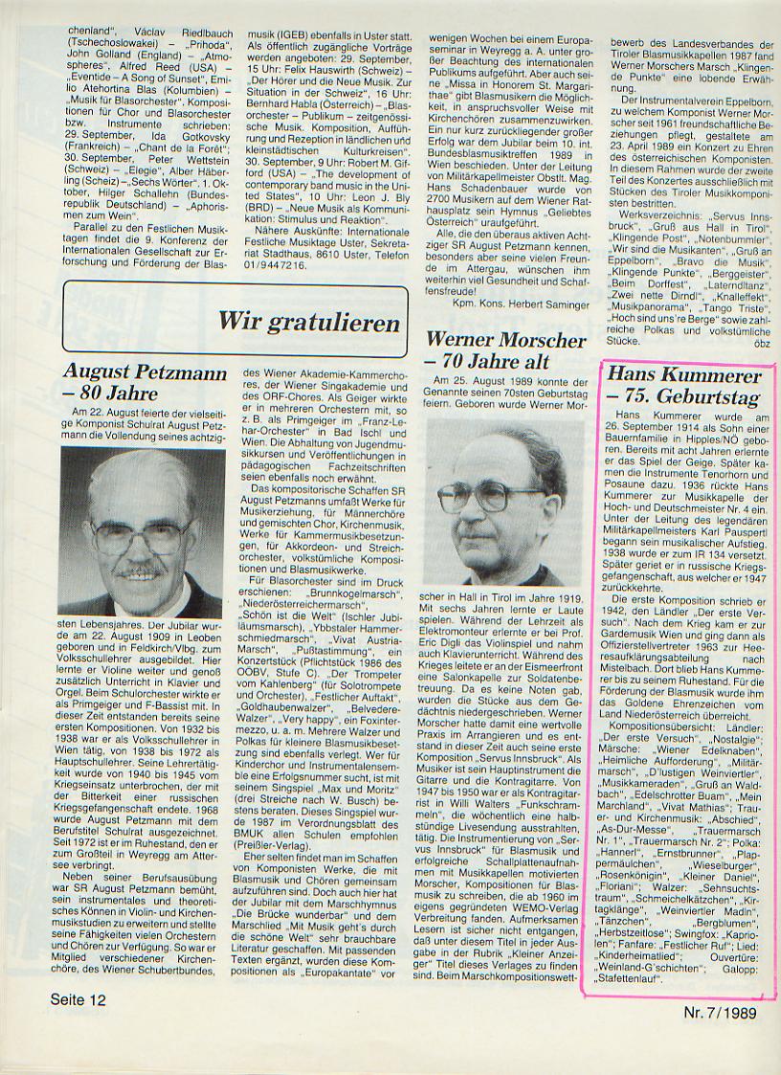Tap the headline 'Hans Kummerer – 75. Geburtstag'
point(683,386)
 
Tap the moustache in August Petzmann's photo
point(141,571)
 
